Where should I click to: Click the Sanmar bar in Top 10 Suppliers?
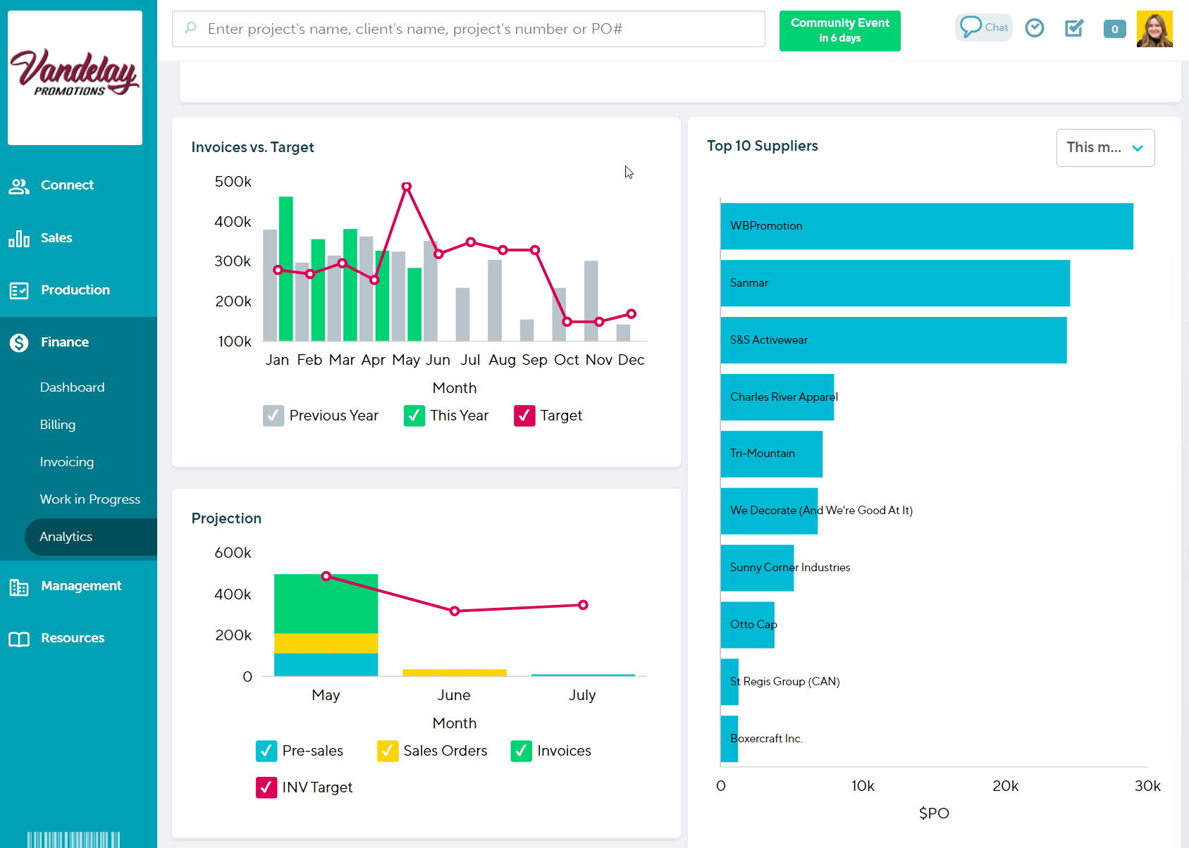point(895,283)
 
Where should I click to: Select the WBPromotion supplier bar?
point(926,226)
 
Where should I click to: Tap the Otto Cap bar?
point(747,625)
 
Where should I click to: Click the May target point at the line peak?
point(407,187)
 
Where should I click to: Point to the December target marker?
point(632,314)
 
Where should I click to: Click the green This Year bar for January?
point(286,268)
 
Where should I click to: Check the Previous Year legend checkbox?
point(273,416)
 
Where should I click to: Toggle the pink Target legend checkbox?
point(524,416)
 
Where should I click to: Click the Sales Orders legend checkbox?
point(387,751)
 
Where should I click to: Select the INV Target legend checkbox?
point(266,787)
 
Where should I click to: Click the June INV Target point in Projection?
point(455,611)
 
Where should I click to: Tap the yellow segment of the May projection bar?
point(326,643)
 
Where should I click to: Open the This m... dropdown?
point(1105,148)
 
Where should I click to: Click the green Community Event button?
point(839,30)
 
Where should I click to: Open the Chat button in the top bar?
point(984,27)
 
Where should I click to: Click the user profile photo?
point(1154,29)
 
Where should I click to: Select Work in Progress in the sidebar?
point(90,499)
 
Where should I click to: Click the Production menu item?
point(75,290)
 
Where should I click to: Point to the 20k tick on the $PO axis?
point(1005,786)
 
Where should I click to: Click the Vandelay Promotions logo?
point(75,77)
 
